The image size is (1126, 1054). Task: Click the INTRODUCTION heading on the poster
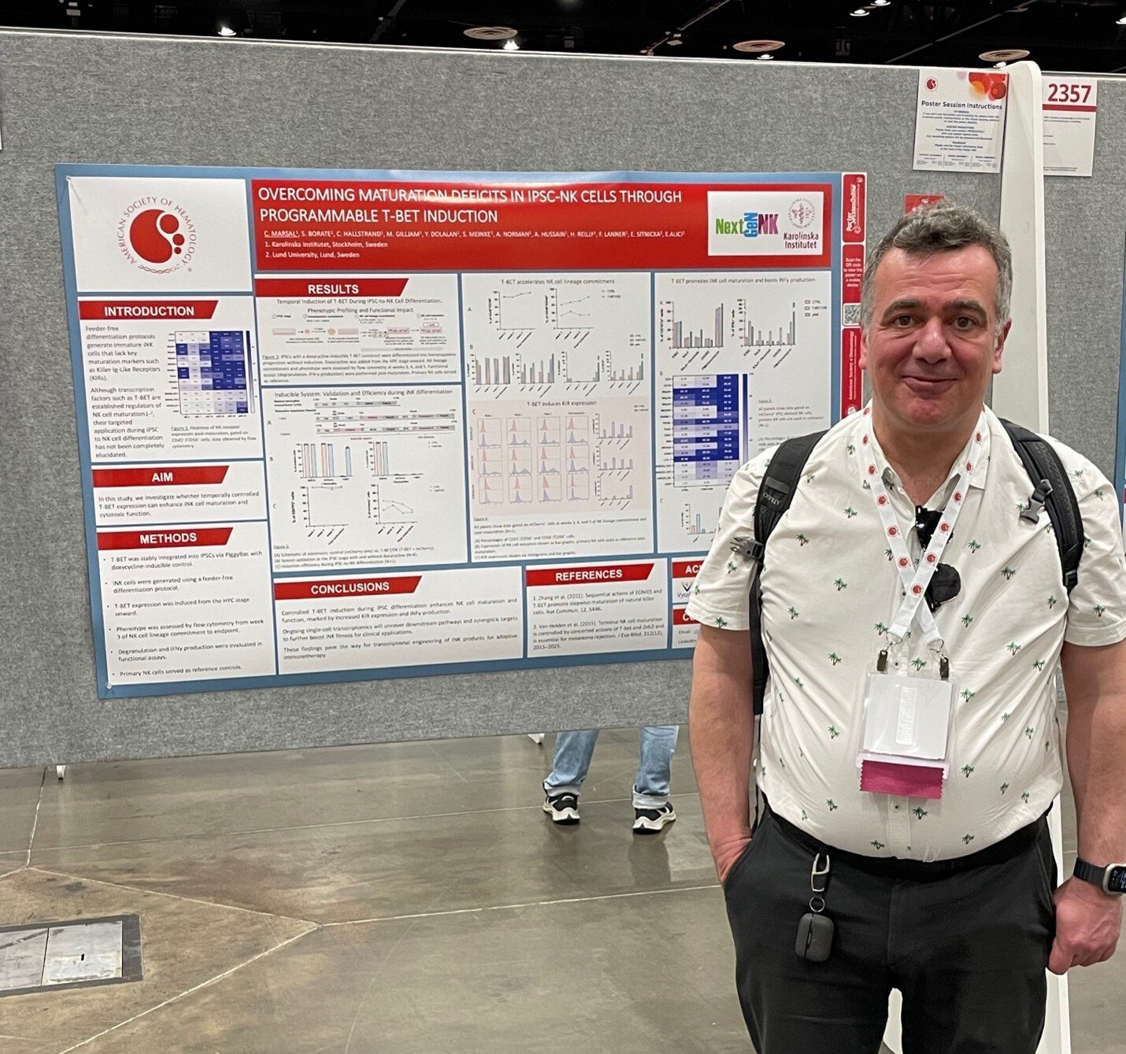tap(148, 311)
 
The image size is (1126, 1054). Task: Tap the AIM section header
tap(161, 477)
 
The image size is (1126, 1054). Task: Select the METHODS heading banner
tap(167, 538)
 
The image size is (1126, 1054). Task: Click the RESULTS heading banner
tap(332, 289)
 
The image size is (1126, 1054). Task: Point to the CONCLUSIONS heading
tap(349, 587)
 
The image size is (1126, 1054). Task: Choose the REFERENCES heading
tap(588, 575)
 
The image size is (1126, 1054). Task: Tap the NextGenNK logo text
tap(746, 225)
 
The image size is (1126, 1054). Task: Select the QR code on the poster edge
tap(850, 313)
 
